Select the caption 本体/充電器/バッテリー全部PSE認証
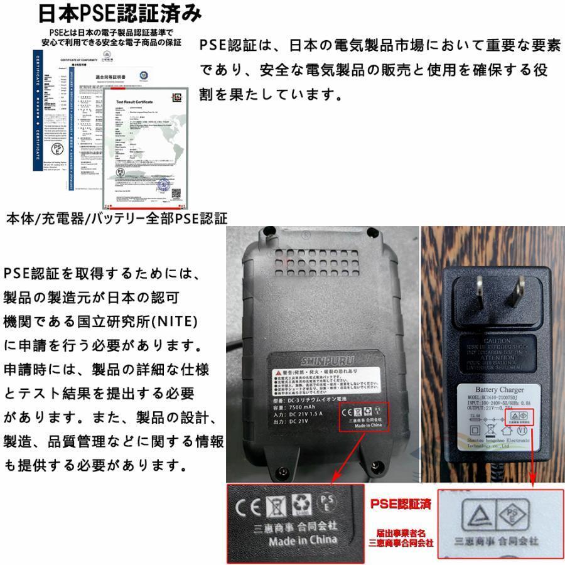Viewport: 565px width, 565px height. [x=117, y=218]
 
